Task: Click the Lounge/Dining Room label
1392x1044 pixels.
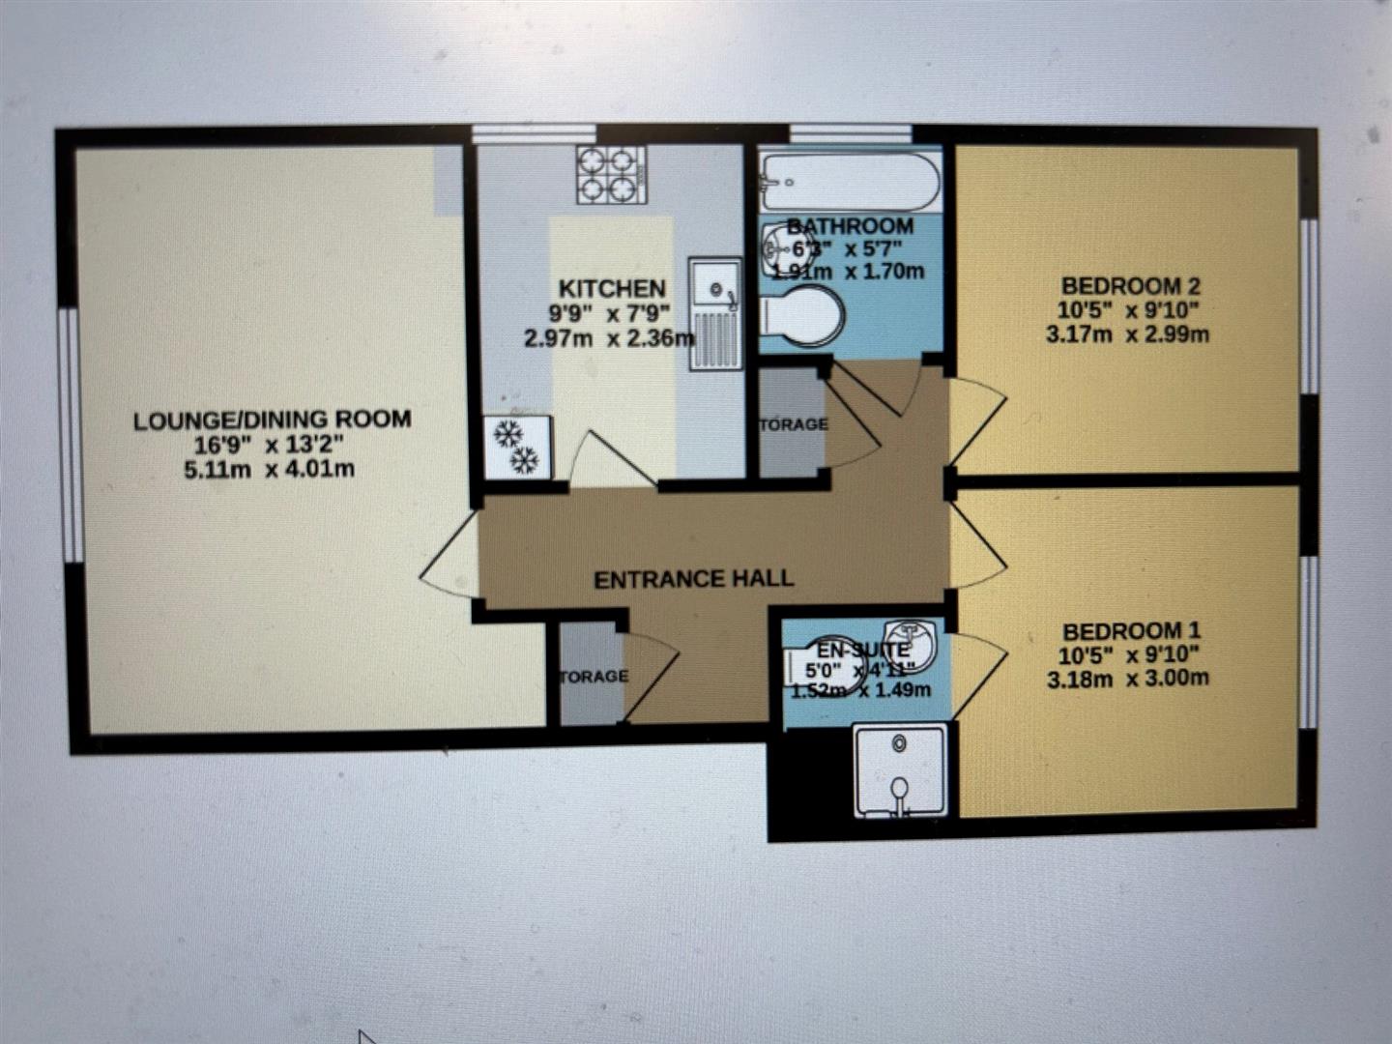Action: [x=272, y=420]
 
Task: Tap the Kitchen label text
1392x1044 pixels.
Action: [x=612, y=288]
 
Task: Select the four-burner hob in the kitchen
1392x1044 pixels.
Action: [x=611, y=174]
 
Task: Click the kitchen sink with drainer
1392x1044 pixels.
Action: [x=715, y=312]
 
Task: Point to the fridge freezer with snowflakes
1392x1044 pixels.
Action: [x=517, y=447]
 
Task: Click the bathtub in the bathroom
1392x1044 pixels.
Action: [x=850, y=181]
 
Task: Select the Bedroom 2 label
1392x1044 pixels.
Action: [x=1130, y=286]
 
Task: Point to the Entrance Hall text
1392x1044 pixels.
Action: [x=693, y=579]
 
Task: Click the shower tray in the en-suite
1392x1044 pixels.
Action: [x=899, y=771]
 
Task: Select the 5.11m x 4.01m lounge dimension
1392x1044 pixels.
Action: [x=269, y=470]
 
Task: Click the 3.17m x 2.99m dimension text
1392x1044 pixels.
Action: [x=1127, y=335]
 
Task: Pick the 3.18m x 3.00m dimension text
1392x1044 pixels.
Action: [x=1127, y=679]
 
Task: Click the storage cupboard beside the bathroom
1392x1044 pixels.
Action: [x=792, y=422]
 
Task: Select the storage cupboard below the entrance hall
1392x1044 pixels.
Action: [x=591, y=675]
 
